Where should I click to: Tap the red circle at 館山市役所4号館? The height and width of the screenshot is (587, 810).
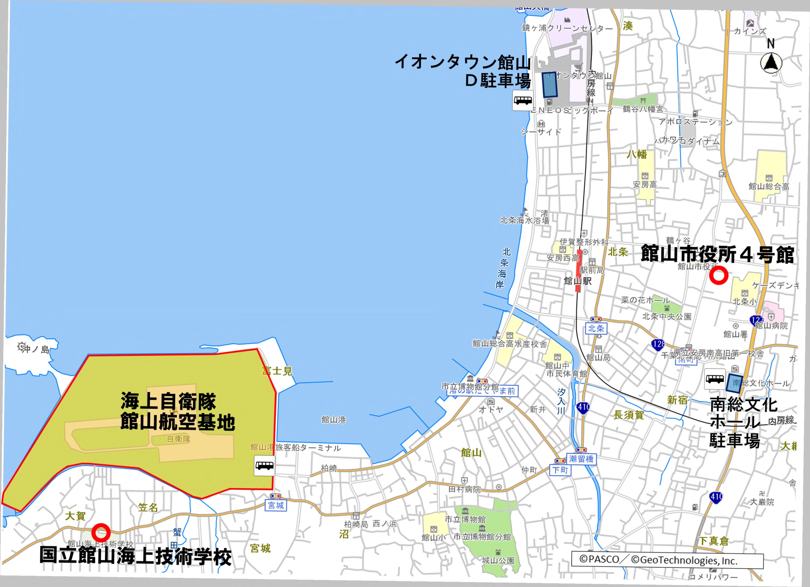(x=718, y=275)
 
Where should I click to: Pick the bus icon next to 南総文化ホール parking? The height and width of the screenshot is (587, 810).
(x=715, y=379)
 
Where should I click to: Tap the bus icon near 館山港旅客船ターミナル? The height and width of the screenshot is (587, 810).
(x=264, y=465)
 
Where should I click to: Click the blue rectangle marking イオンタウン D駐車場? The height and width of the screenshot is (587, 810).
(x=550, y=85)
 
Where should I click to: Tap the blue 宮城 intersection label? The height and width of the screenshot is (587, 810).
(x=276, y=505)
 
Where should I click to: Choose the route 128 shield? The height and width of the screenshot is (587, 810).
(x=657, y=344)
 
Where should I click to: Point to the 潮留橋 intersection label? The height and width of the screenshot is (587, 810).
(x=581, y=459)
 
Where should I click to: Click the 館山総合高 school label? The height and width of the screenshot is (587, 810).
(x=769, y=186)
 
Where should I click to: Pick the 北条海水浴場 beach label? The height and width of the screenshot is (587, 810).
(x=524, y=220)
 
